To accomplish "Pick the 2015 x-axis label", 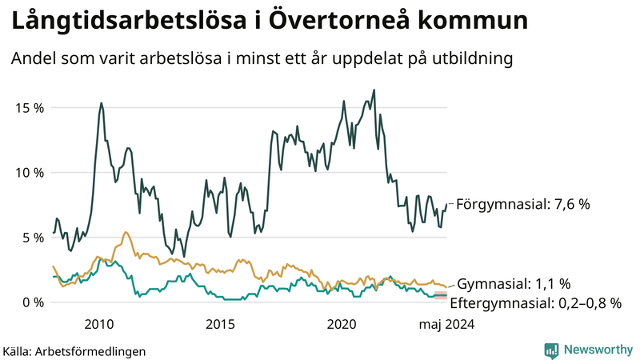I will tap(220, 324).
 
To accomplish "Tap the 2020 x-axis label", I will tap(342, 324).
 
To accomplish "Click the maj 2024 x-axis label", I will tap(447, 324).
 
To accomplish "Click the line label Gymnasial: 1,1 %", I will tap(513, 284).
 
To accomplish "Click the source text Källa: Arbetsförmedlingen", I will tap(74, 350).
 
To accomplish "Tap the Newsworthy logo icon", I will tap(551, 350).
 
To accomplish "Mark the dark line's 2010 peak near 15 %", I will tap(101, 102).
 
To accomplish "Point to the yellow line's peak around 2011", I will tap(126, 232).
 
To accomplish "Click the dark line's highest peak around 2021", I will tap(374, 90).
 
